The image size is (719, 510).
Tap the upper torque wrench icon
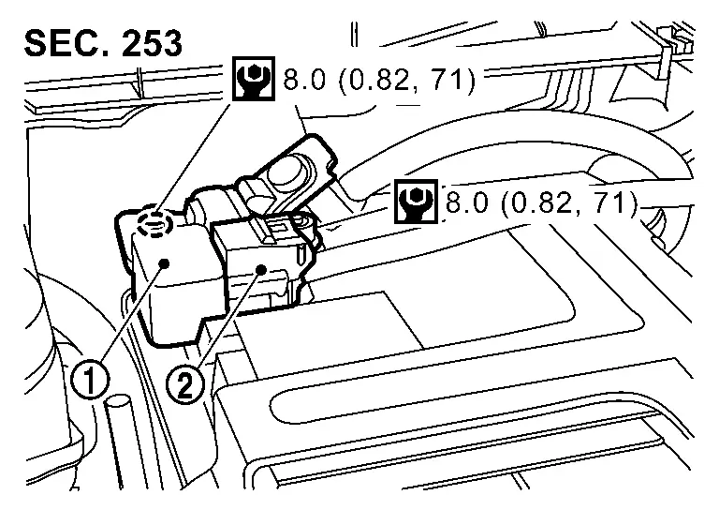254,79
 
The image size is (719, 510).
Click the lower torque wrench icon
416,201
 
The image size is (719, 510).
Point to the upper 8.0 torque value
304,79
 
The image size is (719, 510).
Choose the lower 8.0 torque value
466,202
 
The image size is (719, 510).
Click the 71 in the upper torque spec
449,79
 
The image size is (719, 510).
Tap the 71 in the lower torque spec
611,202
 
